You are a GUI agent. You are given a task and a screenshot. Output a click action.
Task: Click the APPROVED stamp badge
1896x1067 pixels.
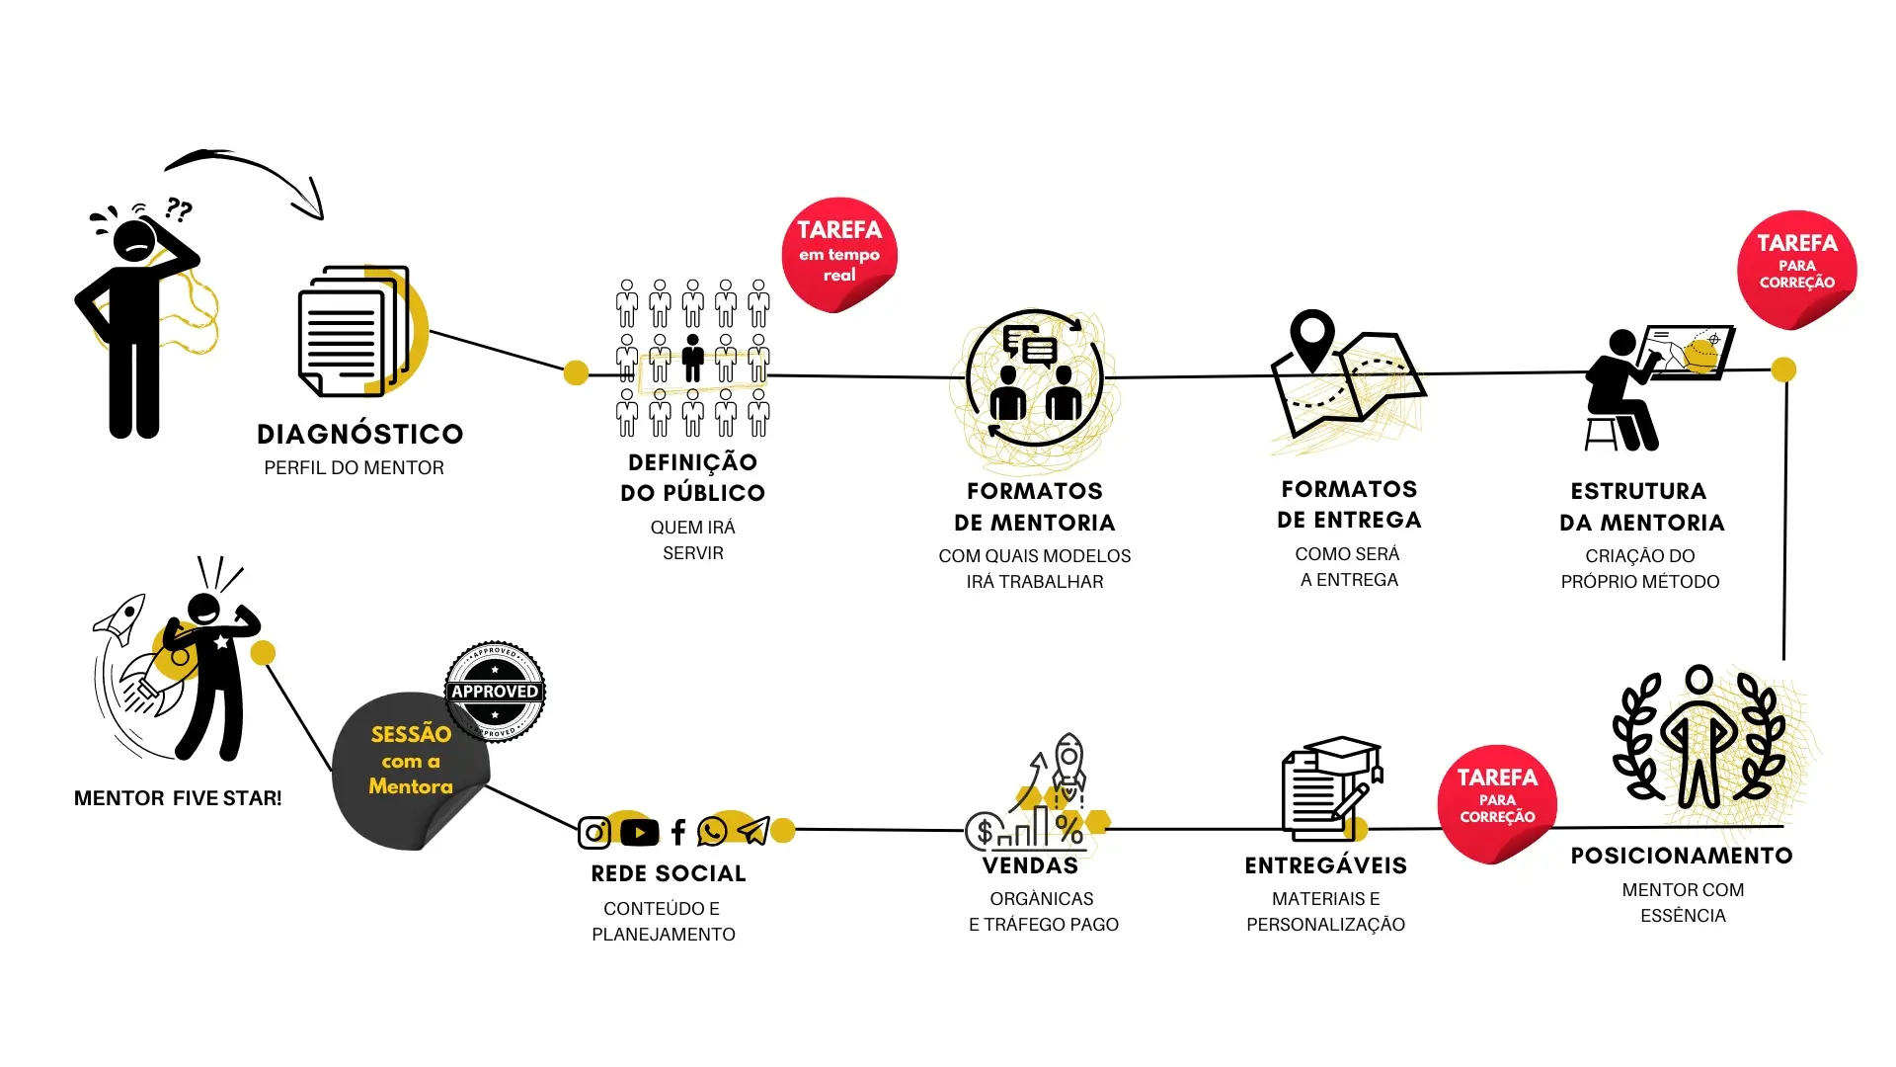point(495,692)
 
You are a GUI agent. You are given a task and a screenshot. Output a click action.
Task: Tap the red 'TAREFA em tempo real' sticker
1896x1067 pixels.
point(838,253)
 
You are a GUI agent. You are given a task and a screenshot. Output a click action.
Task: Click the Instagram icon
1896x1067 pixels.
point(594,833)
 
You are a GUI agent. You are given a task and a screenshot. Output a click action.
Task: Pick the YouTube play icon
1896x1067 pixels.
point(640,833)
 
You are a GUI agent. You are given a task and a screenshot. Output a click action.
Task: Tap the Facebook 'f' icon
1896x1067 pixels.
point(678,833)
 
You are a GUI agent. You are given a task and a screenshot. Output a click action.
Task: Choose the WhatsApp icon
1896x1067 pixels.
point(712,832)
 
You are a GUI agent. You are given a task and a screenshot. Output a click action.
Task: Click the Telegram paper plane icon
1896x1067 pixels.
point(753,831)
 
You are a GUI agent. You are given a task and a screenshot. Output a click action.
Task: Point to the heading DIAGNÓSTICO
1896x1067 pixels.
point(359,434)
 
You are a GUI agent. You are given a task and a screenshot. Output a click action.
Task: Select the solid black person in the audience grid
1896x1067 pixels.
point(693,358)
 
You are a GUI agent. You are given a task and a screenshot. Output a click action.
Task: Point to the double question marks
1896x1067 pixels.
point(179,208)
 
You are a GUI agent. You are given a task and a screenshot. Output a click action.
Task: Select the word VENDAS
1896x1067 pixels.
point(1030,866)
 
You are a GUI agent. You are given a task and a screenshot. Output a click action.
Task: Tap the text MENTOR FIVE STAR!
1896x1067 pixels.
point(178,798)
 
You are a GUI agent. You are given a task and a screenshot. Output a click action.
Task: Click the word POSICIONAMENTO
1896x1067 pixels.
point(1682,856)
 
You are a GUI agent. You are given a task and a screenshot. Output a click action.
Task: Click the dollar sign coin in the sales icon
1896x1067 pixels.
point(984,832)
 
